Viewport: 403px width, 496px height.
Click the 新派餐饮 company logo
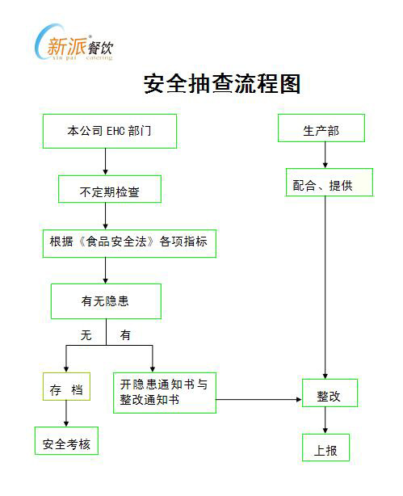click(74, 43)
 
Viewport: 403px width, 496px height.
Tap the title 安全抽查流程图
click(222, 84)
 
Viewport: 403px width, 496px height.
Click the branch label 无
click(86, 335)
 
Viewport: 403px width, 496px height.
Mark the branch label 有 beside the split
click(125, 335)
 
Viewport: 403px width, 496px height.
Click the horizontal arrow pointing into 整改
click(259, 400)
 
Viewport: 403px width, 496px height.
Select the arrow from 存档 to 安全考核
click(66, 414)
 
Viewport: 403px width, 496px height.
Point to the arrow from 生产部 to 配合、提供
click(325, 155)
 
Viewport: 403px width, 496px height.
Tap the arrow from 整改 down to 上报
click(325, 420)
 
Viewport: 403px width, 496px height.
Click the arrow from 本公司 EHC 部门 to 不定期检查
click(105, 162)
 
